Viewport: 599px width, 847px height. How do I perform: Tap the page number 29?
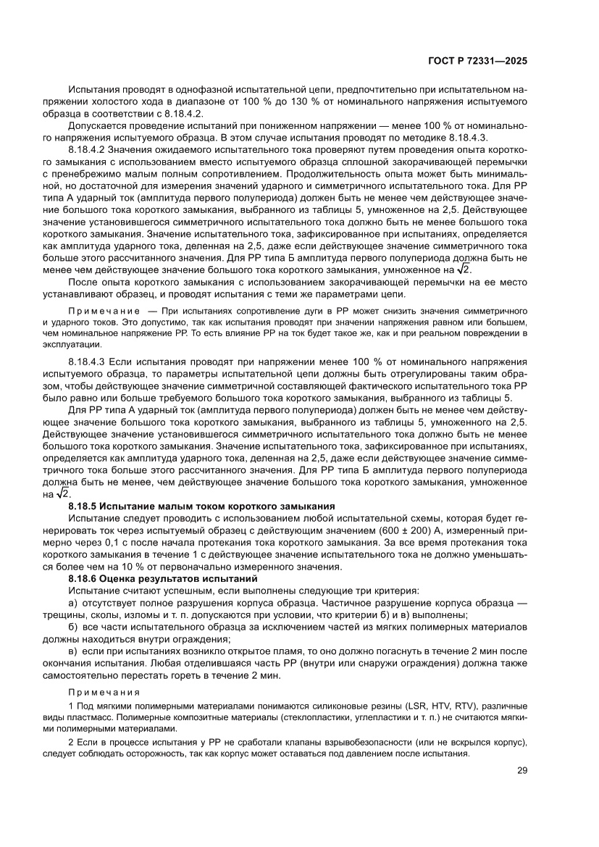[522, 771]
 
